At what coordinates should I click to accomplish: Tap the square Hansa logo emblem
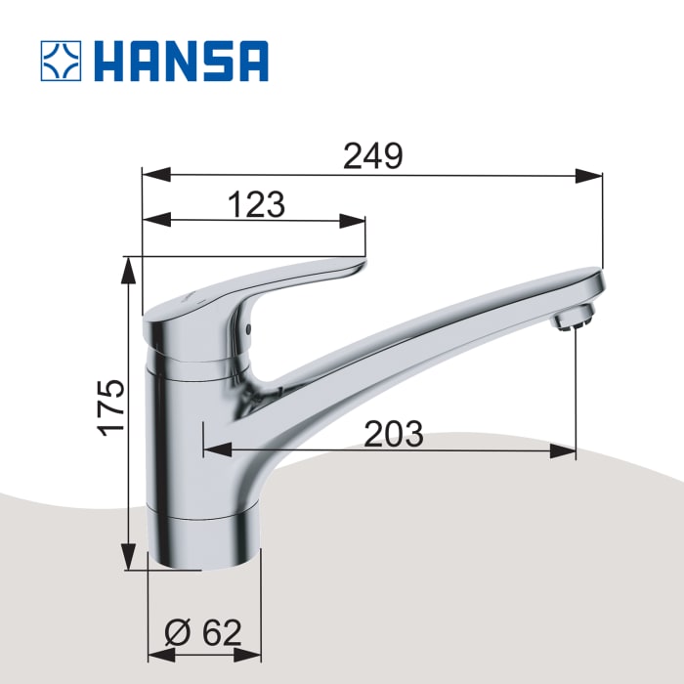(62, 61)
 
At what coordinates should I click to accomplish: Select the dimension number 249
(372, 156)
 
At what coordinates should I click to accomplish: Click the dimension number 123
(255, 205)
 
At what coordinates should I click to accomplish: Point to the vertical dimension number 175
(112, 407)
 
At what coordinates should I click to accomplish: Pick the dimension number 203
(393, 434)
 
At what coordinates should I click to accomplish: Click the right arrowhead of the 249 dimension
(590, 176)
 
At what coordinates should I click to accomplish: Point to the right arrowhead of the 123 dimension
(354, 221)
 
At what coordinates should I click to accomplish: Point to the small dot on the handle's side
(248, 328)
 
